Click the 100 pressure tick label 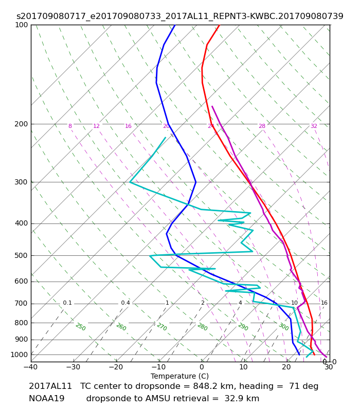pos(21,25)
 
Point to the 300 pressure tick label pos(21,182)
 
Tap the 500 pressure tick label pos(21,255)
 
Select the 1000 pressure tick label pos(19,354)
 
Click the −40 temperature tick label pos(31,367)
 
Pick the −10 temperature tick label pos(159,367)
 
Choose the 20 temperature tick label pos(286,367)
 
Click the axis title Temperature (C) pos(179,376)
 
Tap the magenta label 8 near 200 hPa pos(70,126)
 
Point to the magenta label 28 pos(262,126)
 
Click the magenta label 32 pos(314,126)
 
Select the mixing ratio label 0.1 pos(67,303)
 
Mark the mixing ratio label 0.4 pos(125,303)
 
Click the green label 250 pos(81,327)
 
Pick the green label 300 pos(283,327)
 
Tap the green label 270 pos(162,327)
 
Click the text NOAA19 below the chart pos(46,399)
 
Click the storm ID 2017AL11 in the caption pos(50,386)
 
